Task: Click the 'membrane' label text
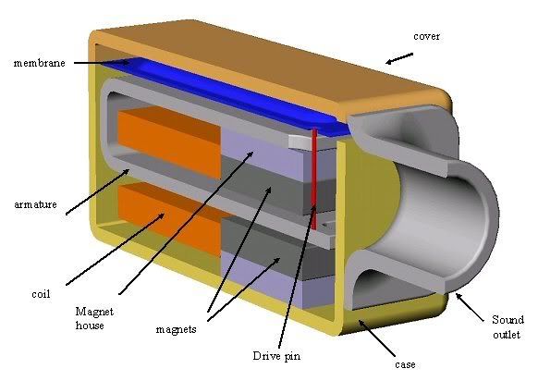coord(39,63)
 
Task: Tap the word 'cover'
coord(426,36)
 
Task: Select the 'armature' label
coord(35,204)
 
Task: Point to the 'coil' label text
coord(41,294)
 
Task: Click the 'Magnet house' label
coord(94,318)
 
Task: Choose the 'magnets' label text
coord(176,329)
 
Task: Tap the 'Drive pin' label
coord(276,356)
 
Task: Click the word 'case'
coord(405,364)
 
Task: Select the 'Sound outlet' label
coord(507,327)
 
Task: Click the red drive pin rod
coord(314,178)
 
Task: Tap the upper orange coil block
coord(169,142)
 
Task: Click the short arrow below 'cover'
coord(399,58)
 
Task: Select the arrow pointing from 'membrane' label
coord(102,63)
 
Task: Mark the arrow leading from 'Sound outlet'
coord(470,307)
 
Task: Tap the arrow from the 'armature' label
coord(97,191)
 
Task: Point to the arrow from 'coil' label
coord(115,249)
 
